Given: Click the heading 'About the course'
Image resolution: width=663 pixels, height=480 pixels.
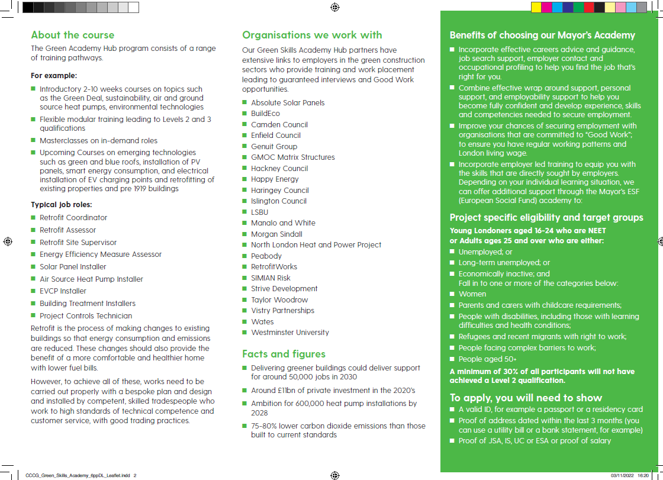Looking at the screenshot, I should [72, 35].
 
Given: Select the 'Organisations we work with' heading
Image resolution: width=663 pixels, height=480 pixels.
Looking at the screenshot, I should [312, 35].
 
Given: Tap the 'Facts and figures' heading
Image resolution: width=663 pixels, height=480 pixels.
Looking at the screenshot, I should [284, 354].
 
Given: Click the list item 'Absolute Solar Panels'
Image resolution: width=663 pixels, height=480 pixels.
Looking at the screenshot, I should [288, 102].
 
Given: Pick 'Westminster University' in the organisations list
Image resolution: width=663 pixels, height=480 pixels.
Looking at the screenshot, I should [289, 333].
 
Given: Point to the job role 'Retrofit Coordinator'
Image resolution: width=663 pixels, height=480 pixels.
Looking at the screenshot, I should [73, 218].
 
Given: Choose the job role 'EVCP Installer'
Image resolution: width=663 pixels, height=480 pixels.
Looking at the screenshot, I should [64, 291].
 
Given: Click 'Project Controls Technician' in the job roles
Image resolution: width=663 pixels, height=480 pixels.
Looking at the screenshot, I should [86, 316].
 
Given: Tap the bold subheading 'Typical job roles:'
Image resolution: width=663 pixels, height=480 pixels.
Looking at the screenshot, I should [61, 205].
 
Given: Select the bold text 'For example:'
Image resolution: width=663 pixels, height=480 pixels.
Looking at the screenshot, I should [54, 76].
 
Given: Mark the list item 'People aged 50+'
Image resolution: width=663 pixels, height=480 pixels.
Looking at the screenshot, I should [487, 359].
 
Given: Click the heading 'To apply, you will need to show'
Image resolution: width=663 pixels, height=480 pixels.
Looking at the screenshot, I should [526, 398].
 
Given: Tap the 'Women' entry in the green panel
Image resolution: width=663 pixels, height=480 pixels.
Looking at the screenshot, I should [472, 294].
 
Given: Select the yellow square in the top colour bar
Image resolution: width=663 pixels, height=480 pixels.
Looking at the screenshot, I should [536, 7].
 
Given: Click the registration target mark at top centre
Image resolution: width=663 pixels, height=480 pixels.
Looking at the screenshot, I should [334, 7].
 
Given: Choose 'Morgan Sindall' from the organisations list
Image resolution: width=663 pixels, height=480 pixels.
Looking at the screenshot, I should [276, 234].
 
